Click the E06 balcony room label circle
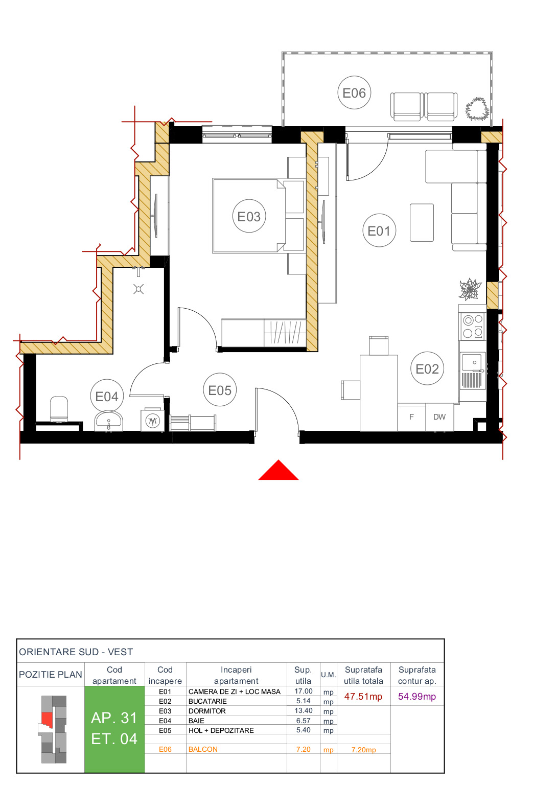pyautogui.click(x=354, y=93)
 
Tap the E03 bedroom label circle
pyautogui.click(x=249, y=216)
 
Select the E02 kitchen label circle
pyautogui.click(x=427, y=368)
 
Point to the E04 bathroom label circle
pyautogui.click(x=107, y=396)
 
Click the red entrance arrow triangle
pyautogui.click(x=278, y=471)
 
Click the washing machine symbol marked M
pyautogui.click(x=152, y=421)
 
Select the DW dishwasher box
pyautogui.click(x=439, y=417)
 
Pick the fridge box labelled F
pyautogui.click(x=411, y=417)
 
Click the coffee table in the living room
pyautogui.click(x=422, y=222)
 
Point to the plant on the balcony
pyautogui.click(x=477, y=108)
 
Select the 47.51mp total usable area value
pyautogui.click(x=363, y=697)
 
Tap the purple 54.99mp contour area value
pyautogui.click(x=417, y=697)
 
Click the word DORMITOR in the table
pyautogui.click(x=207, y=711)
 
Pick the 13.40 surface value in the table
pyautogui.click(x=304, y=711)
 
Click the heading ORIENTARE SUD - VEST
pyautogui.click(x=76, y=652)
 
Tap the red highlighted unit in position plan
pyautogui.click(x=47, y=719)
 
